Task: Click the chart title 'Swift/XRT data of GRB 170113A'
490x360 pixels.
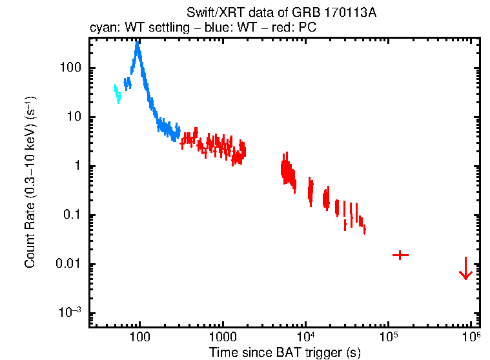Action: point(281,13)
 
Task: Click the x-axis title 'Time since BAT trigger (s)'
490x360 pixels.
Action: point(284,352)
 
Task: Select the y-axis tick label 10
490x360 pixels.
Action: point(73,117)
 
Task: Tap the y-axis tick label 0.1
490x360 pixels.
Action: point(71,215)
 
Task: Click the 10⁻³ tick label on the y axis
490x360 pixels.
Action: point(69,313)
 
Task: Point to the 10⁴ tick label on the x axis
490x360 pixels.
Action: point(305,336)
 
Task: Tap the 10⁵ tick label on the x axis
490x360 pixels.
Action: point(388,336)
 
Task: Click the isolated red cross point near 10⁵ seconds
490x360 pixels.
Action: point(400,255)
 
